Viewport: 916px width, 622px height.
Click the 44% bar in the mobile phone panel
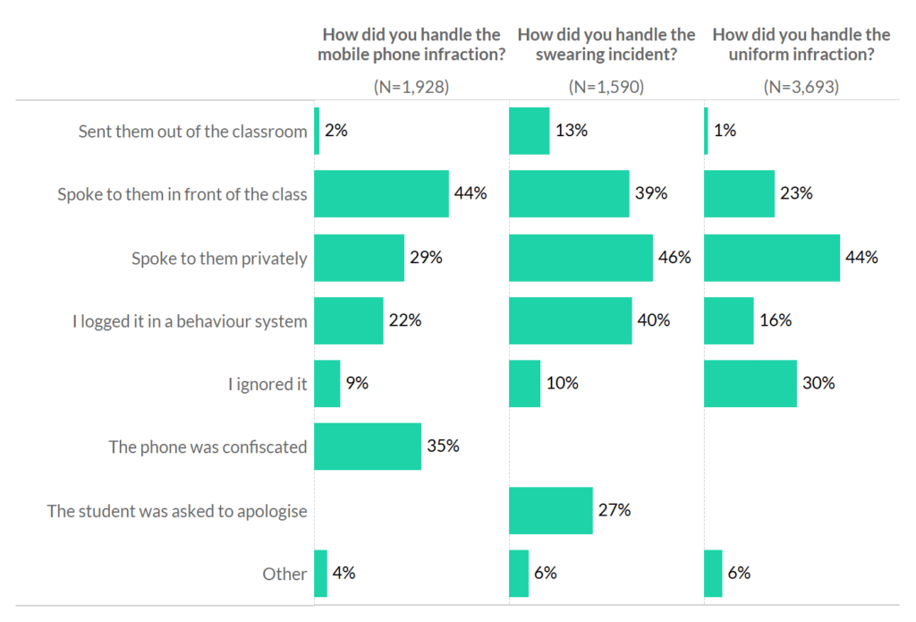tap(381, 194)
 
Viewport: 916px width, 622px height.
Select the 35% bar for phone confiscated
tap(368, 447)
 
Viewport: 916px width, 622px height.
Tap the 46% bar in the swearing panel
tap(581, 258)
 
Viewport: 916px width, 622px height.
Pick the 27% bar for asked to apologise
tap(550, 510)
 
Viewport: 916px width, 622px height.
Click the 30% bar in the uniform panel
tap(750, 384)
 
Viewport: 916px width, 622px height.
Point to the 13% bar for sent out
tap(529, 131)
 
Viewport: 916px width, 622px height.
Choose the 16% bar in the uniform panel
tap(728, 320)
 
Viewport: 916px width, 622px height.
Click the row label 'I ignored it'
tap(267, 384)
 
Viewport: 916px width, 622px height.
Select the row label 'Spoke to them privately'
tap(219, 258)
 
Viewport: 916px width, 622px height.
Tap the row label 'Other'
tap(284, 574)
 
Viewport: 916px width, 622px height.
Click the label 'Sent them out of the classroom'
tap(192, 132)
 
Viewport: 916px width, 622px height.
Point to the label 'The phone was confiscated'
tap(208, 447)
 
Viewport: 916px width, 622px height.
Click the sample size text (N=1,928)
tap(411, 87)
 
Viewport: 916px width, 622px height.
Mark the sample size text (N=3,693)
tap(801, 87)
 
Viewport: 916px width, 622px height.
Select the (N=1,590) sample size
tap(606, 87)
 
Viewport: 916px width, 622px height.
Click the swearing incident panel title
tap(606, 44)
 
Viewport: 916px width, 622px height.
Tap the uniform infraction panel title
tap(801, 44)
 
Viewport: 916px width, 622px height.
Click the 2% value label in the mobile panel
tap(336, 131)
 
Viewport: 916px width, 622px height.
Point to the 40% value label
tap(654, 320)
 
